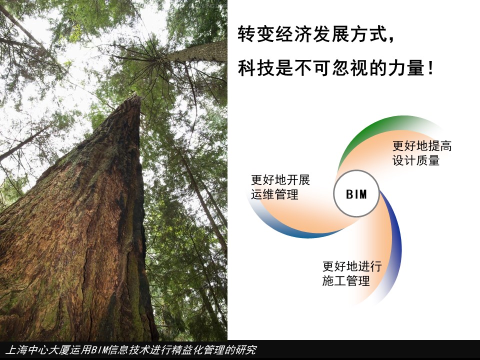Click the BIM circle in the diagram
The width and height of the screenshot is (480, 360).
[x=356, y=194]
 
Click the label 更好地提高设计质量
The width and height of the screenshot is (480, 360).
[x=422, y=153]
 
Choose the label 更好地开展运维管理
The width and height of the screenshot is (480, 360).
[x=280, y=187]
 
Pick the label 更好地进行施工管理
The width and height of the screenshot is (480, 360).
[x=352, y=273]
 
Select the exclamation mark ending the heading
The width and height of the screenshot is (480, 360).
[x=431, y=68]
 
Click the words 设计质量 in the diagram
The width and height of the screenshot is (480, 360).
[x=415, y=160]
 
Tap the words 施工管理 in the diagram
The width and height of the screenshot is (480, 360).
[x=346, y=280]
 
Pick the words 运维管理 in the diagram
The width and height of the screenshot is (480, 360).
[x=274, y=194]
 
